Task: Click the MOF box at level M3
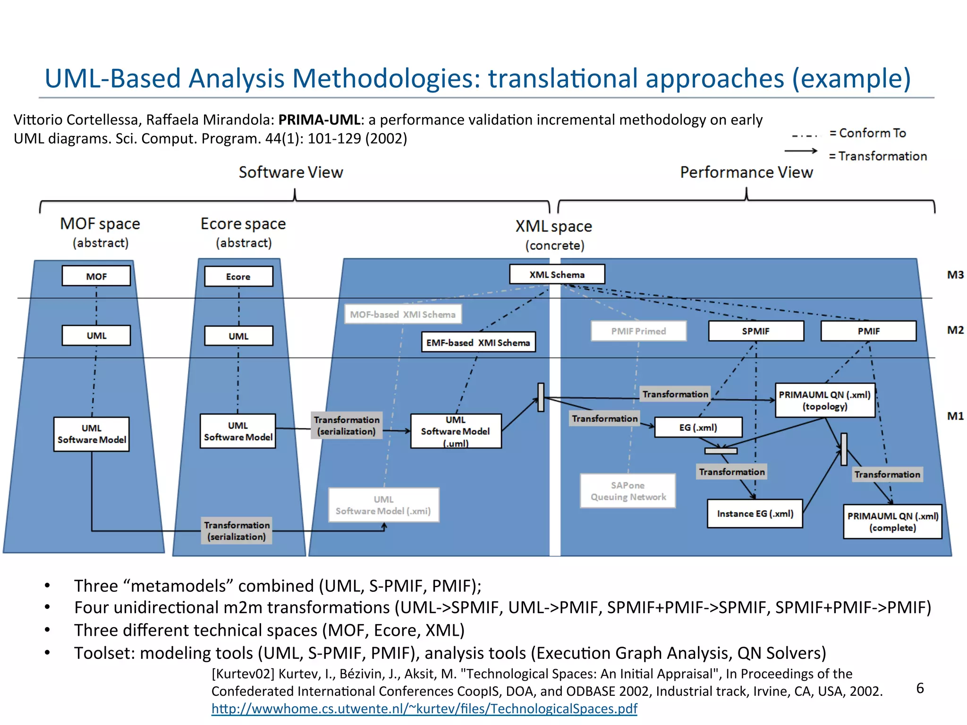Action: point(96,276)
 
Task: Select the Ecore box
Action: point(238,277)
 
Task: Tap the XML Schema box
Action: point(557,274)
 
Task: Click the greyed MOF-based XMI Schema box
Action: point(403,314)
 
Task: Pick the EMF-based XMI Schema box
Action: point(478,343)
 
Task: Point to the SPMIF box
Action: point(755,331)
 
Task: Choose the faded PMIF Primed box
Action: point(638,331)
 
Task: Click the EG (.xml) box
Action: point(698,427)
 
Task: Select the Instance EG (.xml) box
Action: point(755,514)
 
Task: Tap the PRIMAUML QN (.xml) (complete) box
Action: point(892,522)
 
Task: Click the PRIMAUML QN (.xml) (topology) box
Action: point(824,400)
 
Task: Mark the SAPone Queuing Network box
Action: point(628,491)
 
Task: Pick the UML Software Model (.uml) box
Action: point(456,431)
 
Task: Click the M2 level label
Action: point(955,330)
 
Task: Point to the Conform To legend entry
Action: point(868,133)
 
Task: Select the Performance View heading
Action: point(746,172)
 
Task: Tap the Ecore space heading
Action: point(243,224)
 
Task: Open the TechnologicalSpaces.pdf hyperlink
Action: point(424,708)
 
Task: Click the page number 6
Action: point(920,688)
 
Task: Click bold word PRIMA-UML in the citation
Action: point(319,120)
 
